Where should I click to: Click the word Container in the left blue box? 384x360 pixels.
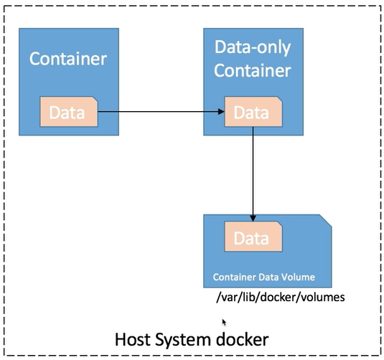(68, 58)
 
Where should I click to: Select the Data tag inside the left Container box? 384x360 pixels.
(68, 113)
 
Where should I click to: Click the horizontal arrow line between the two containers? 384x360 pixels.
(158, 112)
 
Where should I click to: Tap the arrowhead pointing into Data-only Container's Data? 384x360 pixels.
(220, 112)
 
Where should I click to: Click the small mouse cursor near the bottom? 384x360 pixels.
(225, 323)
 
